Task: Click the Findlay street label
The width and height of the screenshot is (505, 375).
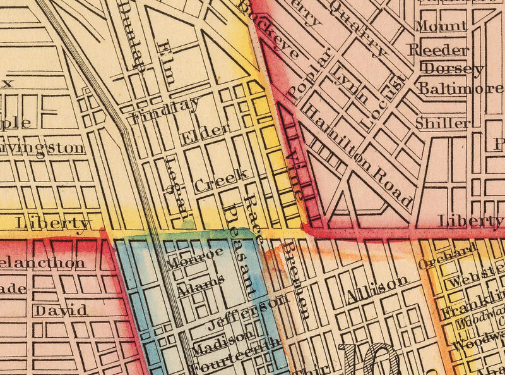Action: [x=165, y=109]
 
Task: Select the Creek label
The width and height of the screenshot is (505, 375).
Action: [x=220, y=180]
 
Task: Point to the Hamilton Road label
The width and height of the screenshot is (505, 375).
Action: [x=357, y=155]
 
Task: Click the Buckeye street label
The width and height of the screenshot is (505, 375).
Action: [x=269, y=30]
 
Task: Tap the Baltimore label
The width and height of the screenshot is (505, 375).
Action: [x=461, y=89]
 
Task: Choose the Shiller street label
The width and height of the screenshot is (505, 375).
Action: [x=443, y=123]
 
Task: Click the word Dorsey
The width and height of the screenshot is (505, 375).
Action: [x=452, y=68]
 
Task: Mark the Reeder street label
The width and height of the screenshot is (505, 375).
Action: [x=439, y=49]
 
